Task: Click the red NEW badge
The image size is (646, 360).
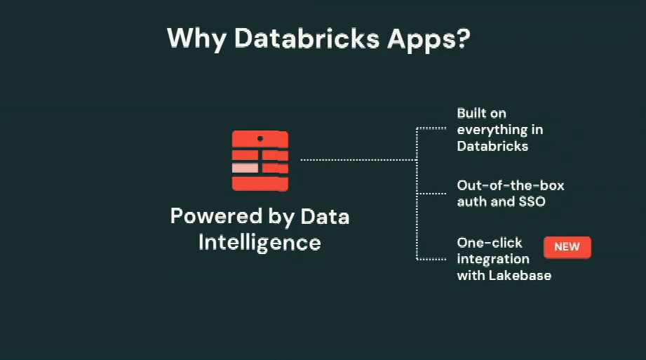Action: pos(567,247)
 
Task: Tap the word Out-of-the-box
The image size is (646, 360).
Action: pos(510,185)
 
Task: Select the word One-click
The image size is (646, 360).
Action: pos(490,242)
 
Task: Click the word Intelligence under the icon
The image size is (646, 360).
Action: pos(260,242)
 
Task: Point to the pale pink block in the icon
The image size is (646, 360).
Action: pos(245,168)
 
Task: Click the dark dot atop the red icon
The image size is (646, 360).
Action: pos(260,138)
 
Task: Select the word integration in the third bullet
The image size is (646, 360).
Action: pos(493,259)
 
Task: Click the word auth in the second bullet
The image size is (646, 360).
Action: pos(472,202)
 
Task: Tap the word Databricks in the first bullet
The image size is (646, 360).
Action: pos(492,146)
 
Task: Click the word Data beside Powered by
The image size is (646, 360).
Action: pos(325,216)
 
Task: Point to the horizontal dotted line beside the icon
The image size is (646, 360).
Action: pos(358,160)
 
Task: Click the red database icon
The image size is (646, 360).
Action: pos(260,160)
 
